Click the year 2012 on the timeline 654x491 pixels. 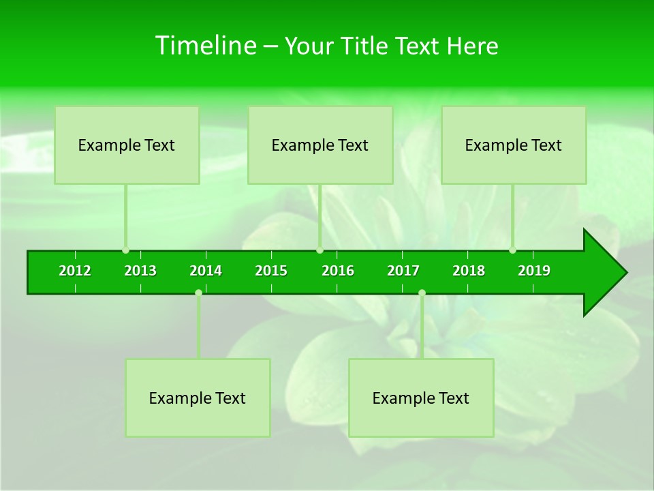[x=75, y=271]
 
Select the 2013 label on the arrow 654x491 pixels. [x=140, y=271]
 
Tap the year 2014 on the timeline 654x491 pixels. [x=206, y=271]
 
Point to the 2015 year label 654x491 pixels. [x=271, y=271]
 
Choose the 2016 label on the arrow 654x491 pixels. [x=338, y=271]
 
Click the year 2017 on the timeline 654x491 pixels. [x=403, y=271]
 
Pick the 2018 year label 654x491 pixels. [x=469, y=271]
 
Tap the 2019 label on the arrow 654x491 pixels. [x=534, y=271]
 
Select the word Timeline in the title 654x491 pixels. [x=205, y=46]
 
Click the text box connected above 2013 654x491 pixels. [x=127, y=145]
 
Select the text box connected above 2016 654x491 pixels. [x=320, y=145]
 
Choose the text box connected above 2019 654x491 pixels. [x=514, y=145]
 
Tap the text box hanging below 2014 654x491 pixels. [x=198, y=398]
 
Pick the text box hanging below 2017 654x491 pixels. [x=421, y=398]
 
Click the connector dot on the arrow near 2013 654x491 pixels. [x=126, y=250]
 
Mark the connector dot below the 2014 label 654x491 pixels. [x=198, y=293]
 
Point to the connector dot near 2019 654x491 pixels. [x=513, y=250]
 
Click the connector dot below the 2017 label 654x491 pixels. [x=422, y=293]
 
